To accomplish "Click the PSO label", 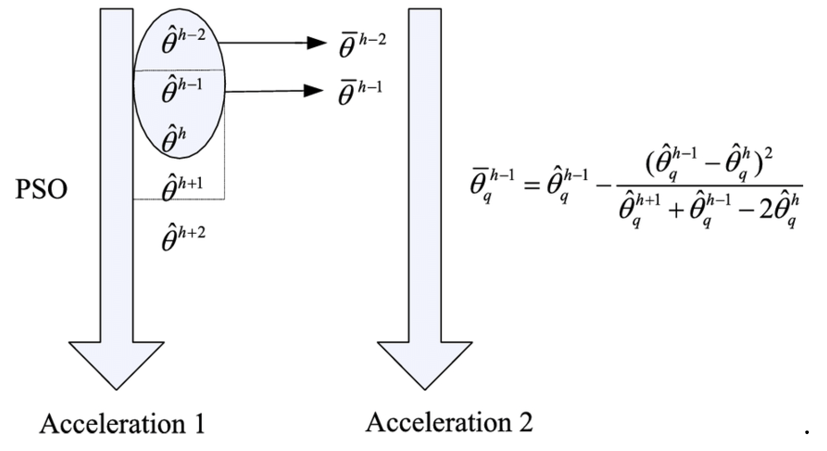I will [x=41, y=190].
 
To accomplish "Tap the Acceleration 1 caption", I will [x=122, y=424].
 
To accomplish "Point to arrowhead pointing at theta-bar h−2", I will [x=316, y=43].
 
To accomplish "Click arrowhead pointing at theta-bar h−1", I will [x=313, y=91].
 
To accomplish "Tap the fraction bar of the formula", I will [x=709, y=186].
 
